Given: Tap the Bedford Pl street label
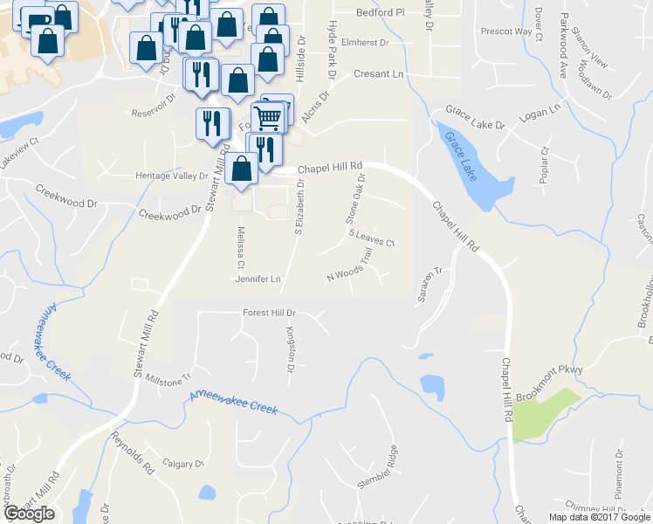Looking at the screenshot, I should coord(381,14).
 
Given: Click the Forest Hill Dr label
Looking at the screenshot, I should coord(270,313).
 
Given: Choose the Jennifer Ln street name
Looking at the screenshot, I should coord(258,279).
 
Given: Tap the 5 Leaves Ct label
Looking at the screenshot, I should coord(373,238).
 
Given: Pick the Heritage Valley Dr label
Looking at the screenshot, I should coord(172,176).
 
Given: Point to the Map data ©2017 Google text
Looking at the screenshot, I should coord(599,517).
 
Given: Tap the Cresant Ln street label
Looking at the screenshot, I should coord(379,74).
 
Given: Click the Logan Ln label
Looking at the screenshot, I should coord(539,113).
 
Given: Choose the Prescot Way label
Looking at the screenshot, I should coord(506,31).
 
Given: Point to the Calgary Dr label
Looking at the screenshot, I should coord(182,464).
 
